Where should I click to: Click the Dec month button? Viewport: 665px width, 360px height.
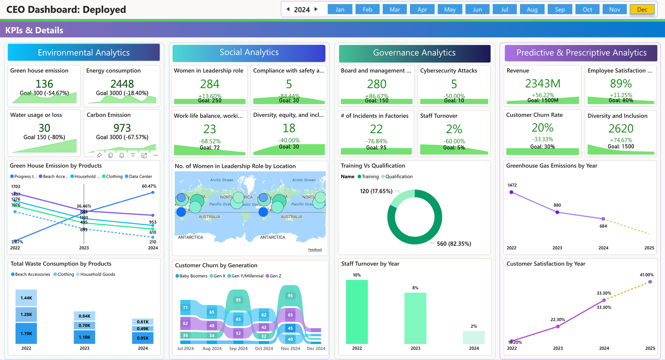(642, 10)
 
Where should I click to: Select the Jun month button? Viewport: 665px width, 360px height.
(477, 10)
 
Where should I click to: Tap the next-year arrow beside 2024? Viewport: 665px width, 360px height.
(316, 9)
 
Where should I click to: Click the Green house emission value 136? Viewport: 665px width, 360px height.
(44, 84)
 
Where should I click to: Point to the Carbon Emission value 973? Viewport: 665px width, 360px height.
(122, 128)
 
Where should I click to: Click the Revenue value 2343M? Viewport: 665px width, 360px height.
(542, 84)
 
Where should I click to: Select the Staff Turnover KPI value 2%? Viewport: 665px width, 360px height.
(454, 129)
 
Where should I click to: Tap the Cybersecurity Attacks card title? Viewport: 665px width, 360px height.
(448, 71)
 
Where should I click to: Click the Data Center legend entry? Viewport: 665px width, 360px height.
(140, 177)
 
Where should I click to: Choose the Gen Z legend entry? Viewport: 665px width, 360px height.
(276, 276)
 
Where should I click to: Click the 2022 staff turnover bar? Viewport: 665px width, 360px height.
(357, 311)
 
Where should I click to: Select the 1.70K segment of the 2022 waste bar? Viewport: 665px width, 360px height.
(26, 333)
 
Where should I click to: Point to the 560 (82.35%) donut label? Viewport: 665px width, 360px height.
(454, 244)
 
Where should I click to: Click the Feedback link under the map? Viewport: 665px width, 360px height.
(315, 250)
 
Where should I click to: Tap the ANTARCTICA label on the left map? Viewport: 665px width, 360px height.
(190, 237)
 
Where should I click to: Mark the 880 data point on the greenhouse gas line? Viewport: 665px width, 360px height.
(557, 212)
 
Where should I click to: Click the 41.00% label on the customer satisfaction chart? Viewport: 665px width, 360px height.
(646, 275)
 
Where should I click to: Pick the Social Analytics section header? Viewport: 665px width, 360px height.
(249, 52)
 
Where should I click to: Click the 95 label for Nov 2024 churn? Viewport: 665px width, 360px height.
(290, 296)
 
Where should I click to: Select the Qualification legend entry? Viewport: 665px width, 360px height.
(399, 177)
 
